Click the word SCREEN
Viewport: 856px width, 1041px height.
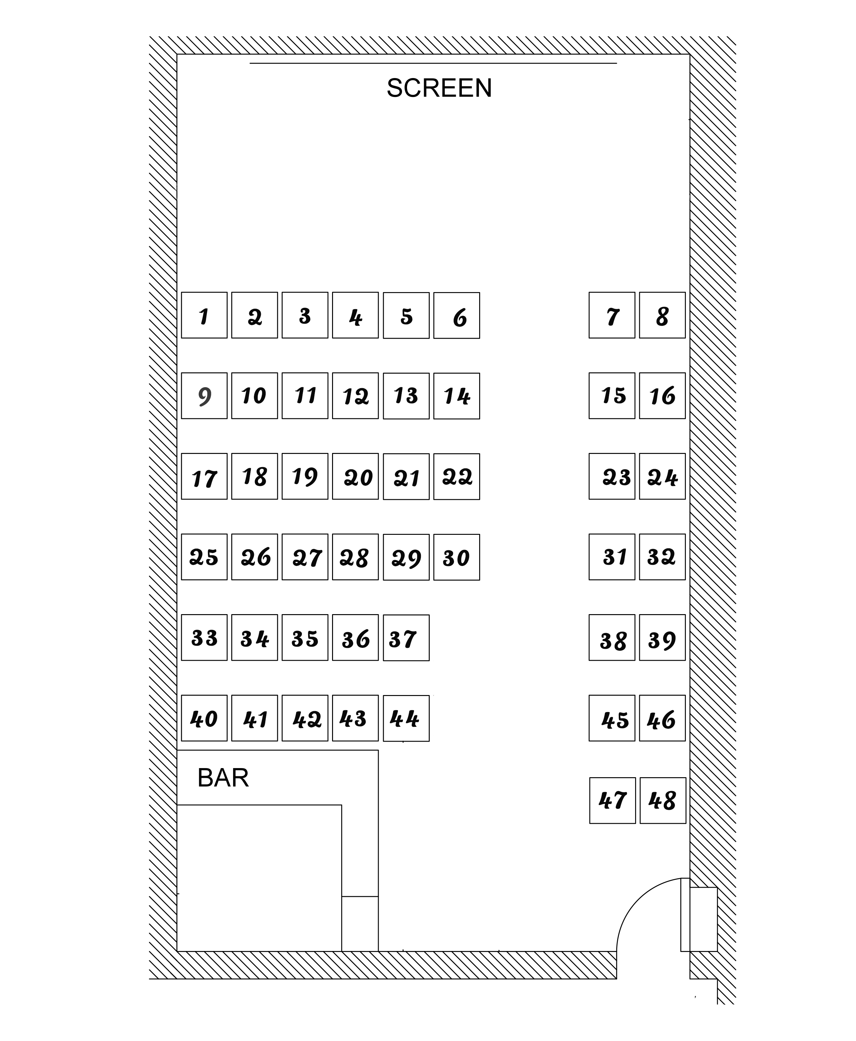(x=439, y=88)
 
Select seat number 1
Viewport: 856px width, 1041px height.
(x=204, y=315)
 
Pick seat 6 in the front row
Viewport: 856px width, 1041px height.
(x=457, y=315)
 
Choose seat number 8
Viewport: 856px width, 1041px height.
(x=662, y=315)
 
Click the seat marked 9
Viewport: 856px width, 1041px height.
(x=204, y=396)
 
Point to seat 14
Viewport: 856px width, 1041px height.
(x=457, y=396)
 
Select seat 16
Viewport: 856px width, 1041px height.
(x=662, y=396)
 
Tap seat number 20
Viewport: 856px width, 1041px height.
(x=355, y=476)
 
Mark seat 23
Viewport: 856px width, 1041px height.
(x=612, y=476)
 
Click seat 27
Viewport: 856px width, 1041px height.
(x=305, y=557)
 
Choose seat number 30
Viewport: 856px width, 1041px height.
(x=457, y=557)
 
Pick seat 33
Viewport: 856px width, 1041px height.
(x=204, y=637)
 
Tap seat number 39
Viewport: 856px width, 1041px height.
(x=662, y=637)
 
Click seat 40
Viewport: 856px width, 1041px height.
(x=204, y=718)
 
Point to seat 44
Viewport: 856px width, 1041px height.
(x=406, y=718)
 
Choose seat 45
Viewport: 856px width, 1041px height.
(x=612, y=718)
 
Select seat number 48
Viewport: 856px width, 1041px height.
(x=663, y=801)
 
